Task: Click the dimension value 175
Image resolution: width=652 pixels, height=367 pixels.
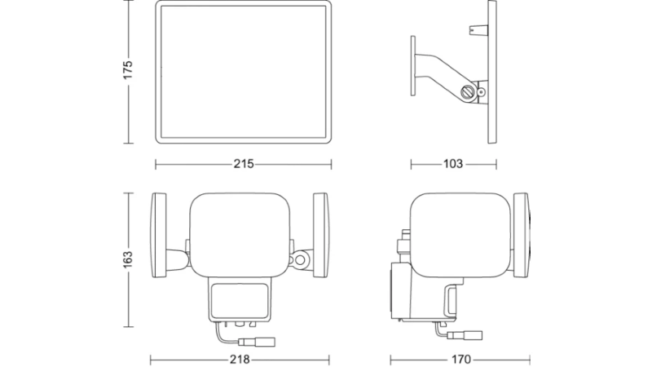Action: (128, 70)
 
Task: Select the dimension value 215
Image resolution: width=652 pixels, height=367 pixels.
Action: (243, 164)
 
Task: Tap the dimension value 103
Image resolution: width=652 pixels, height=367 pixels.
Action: (453, 164)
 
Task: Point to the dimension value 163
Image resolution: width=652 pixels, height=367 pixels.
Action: (128, 259)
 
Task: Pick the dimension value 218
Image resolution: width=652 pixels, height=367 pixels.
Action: (240, 359)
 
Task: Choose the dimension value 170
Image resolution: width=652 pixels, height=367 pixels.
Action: (460, 359)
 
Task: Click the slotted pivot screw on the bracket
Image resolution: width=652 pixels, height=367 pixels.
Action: (469, 91)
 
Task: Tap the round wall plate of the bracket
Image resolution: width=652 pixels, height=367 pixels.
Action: (413, 66)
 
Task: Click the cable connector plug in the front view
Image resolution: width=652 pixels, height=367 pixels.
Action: (257, 342)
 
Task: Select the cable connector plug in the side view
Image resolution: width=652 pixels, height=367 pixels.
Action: (465, 335)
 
